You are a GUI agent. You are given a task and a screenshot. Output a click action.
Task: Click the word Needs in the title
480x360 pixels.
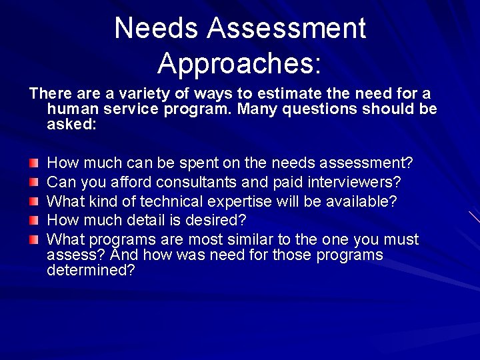pyautogui.click(x=157, y=29)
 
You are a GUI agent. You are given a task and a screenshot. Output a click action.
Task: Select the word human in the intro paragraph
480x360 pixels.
pyautogui.click(x=71, y=109)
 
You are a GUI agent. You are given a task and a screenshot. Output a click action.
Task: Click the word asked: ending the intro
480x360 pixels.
pyautogui.click(x=72, y=124)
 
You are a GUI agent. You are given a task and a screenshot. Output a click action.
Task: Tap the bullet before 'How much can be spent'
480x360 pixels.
pyautogui.click(x=34, y=163)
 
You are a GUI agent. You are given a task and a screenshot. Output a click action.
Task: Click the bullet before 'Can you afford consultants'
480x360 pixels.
pyautogui.click(x=34, y=182)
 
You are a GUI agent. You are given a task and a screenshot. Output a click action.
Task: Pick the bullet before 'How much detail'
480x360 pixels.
pyautogui.click(x=34, y=220)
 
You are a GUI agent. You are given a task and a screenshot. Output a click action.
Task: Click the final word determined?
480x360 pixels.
pyautogui.click(x=91, y=271)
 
